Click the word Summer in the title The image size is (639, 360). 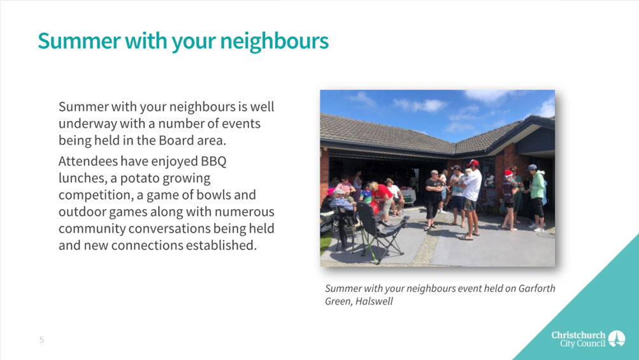(79, 41)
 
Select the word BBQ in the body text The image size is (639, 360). (213, 161)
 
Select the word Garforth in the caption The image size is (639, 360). (536, 289)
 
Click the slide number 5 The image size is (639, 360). (41, 340)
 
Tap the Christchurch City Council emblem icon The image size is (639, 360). (617, 338)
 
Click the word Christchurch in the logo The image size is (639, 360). (578, 335)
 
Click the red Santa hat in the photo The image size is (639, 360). (508, 174)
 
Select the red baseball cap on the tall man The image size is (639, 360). (473, 163)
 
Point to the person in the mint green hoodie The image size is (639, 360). (536, 198)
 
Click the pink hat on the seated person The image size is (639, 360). (330, 191)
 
